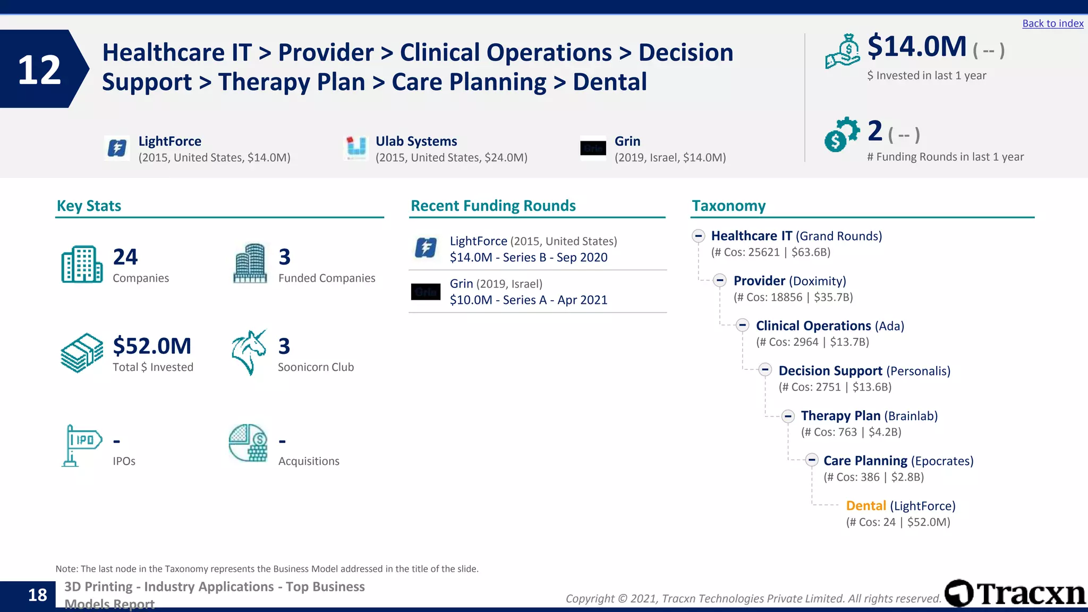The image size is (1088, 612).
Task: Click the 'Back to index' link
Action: coord(1052,23)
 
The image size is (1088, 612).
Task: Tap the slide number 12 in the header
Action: coord(39,70)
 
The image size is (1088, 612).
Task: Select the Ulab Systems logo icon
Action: coord(356,148)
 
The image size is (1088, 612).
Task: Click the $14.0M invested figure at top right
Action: coord(916,47)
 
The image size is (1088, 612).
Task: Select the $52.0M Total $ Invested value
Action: coord(152,346)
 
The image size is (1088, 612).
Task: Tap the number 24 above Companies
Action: coord(125,257)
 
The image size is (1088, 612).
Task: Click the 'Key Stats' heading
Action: coord(89,206)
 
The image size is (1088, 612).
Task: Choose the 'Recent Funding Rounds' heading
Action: coord(493,206)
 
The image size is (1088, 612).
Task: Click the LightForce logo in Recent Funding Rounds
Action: coord(426,248)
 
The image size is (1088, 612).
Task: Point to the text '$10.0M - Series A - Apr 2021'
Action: coord(528,300)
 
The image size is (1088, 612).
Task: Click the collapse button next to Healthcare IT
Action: coord(698,236)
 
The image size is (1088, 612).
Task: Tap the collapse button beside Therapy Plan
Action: coord(788,416)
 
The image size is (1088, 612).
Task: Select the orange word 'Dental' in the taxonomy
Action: coord(865,506)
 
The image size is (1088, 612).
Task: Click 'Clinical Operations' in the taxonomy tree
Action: coord(813,326)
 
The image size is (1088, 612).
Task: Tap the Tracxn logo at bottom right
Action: coord(1015,593)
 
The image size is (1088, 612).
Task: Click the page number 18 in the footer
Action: coord(37,595)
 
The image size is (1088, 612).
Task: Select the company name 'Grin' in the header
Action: coord(627,141)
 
